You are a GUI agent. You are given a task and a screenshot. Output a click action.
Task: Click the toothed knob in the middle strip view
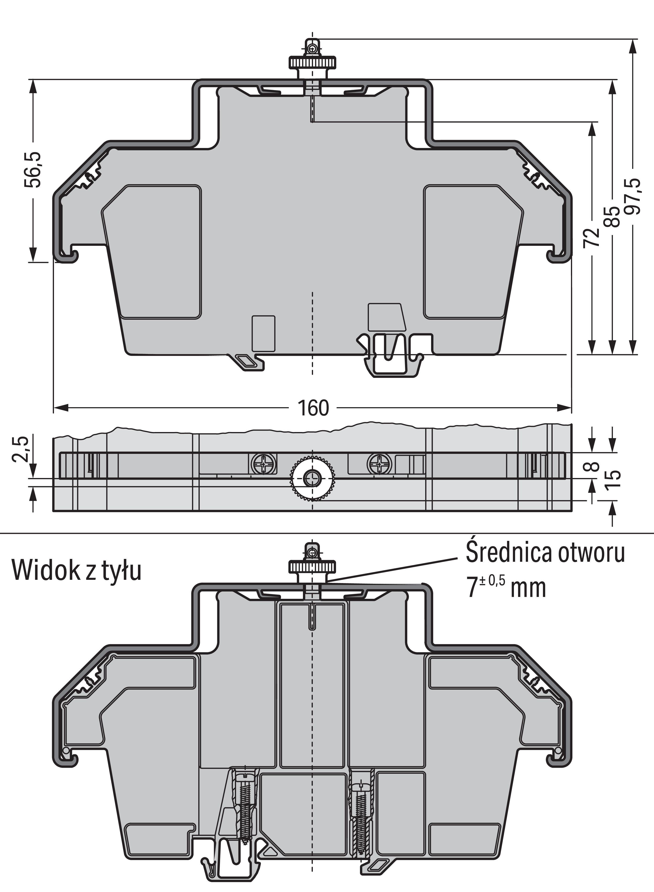coord(313,479)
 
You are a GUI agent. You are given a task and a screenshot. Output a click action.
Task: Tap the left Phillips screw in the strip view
coord(263,463)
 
